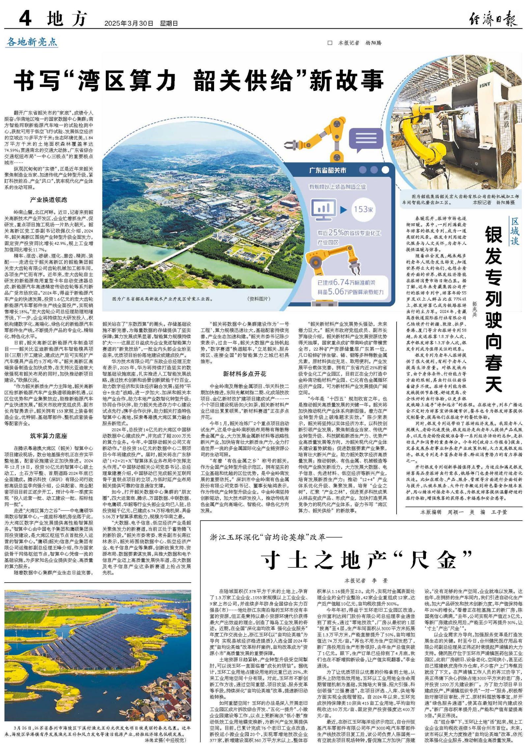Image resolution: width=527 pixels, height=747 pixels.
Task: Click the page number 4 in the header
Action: click(x=25, y=18)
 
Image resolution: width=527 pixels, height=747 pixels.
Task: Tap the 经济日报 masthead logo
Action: click(x=493, y=19)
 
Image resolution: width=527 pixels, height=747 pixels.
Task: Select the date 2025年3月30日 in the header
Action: click(x=129, y=23)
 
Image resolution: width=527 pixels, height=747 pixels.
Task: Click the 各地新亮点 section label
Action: click(x=32, y=42)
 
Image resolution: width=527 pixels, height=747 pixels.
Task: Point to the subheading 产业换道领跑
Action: click(x=48, y=200)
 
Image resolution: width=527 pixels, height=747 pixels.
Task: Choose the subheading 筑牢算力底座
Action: click(x=48, y=436)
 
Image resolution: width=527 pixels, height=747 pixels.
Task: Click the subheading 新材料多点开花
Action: click(x=244, y=374)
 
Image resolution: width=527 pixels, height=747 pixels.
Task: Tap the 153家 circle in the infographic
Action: click(x=363, y=209)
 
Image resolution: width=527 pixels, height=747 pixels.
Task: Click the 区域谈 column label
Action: click(x=514, y=231)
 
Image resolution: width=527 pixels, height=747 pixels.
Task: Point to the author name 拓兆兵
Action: click(x=474, y=309)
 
